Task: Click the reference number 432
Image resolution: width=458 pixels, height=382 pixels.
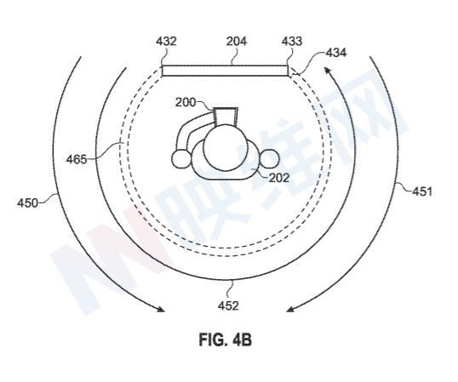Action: pos(166,41)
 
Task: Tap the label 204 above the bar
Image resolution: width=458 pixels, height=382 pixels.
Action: pos(237,41)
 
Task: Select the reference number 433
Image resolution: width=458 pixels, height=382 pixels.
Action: pos(292,41)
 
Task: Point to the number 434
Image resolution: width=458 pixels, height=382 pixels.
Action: pos(336,53)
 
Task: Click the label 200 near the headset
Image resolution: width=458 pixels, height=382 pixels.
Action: pos(186,102)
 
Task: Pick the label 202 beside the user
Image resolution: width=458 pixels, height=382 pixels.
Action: pos(279,178)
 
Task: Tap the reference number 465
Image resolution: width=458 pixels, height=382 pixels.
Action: pos(77,160)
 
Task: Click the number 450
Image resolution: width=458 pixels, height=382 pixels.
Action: pos(27,202)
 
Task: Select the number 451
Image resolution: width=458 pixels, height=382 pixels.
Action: pos(421,191)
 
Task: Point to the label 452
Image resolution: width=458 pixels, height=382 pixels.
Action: pos(229,305)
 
